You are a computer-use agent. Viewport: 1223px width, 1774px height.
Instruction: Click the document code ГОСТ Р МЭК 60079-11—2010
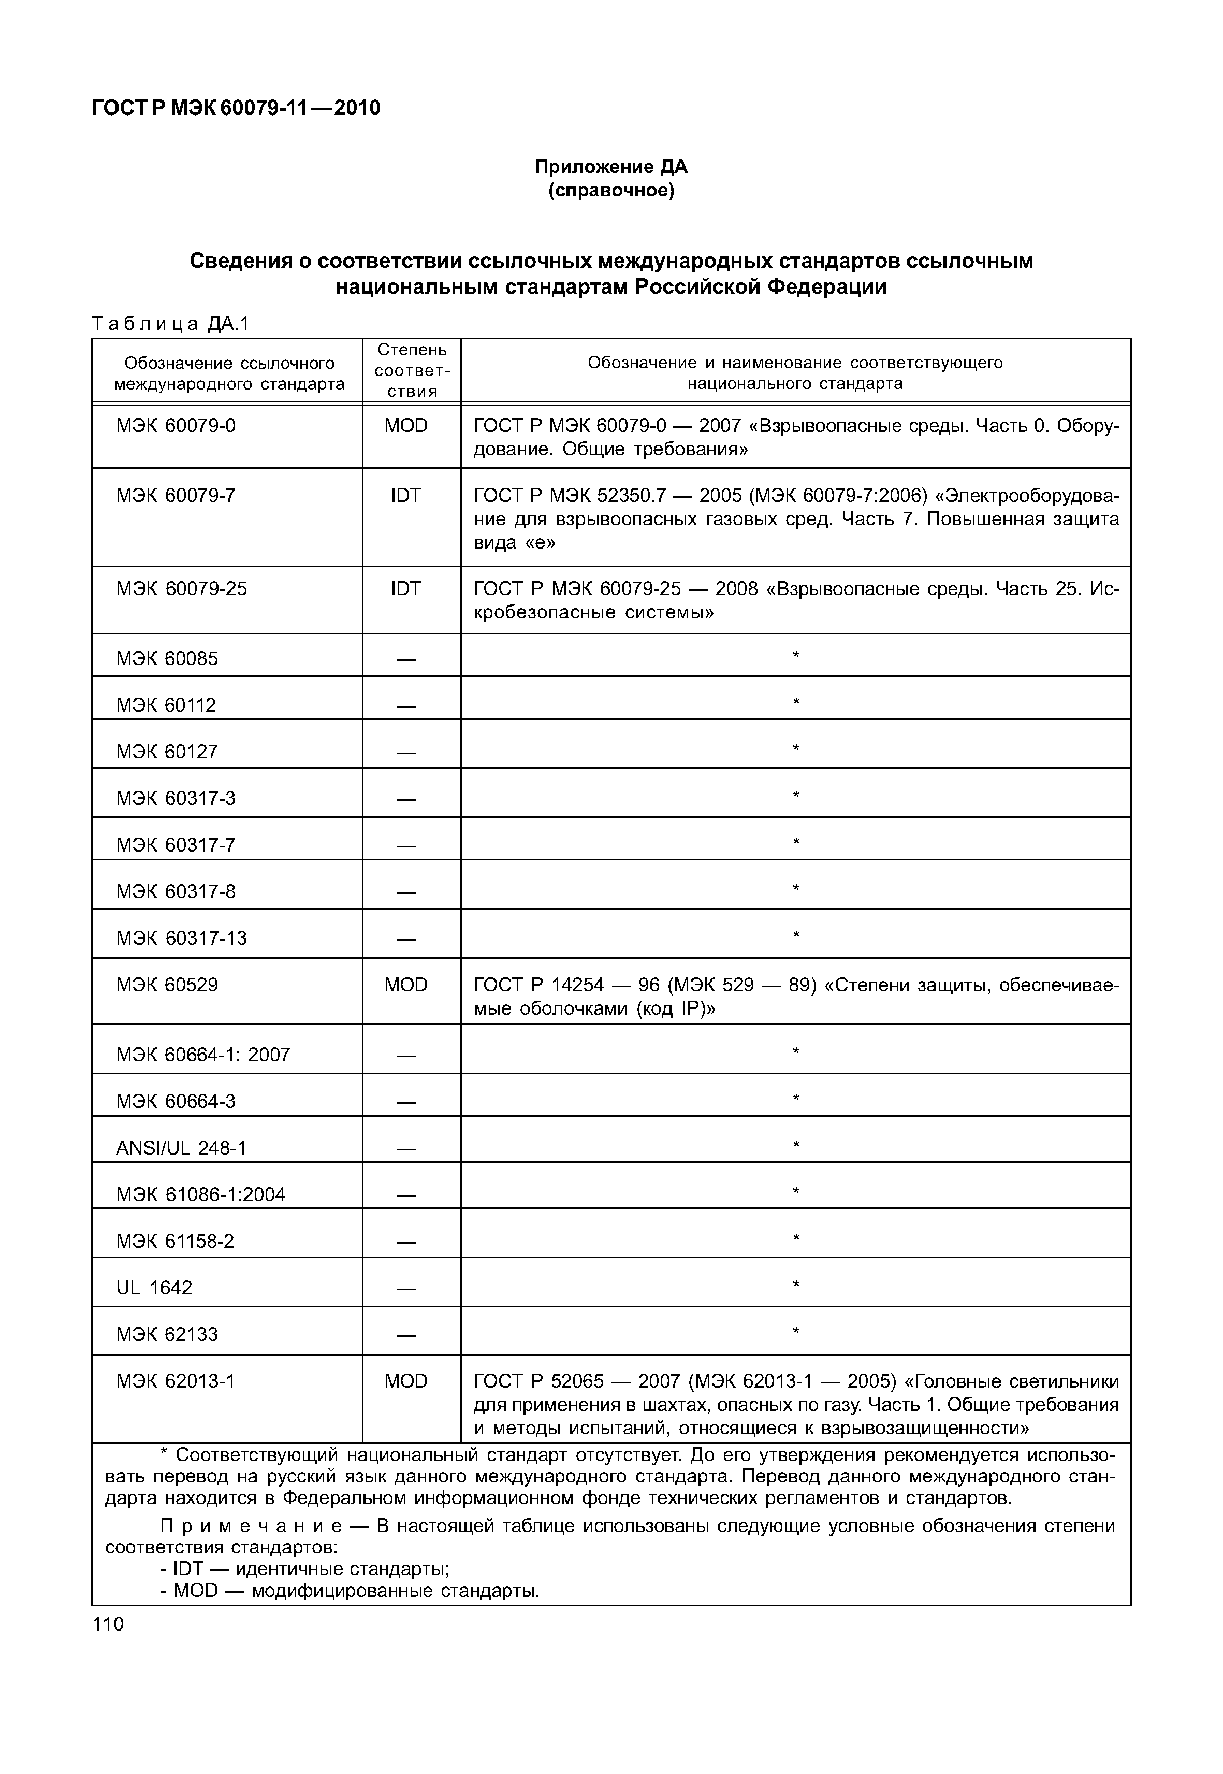pos(236,108)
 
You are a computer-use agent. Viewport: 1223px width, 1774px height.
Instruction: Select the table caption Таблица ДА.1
pos(170,324)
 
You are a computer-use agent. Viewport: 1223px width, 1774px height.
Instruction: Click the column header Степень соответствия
pos(412,370)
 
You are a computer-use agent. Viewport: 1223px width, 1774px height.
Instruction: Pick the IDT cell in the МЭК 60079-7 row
pos(405,496)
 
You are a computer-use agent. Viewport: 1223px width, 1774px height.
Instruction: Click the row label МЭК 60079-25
pos(182,589)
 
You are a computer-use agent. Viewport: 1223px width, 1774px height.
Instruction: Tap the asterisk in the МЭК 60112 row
pos(796,701)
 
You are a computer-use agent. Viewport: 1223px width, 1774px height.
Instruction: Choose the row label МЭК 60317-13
pos(182,939)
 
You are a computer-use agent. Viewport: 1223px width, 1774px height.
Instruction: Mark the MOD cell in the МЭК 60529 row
pos(405,985)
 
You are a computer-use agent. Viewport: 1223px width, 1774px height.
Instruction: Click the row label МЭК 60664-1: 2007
pos(203,1055)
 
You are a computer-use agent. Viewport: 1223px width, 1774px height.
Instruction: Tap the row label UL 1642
pos(154,1288)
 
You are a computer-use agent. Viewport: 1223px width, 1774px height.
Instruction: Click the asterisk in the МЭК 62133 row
pos(796,1332)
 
